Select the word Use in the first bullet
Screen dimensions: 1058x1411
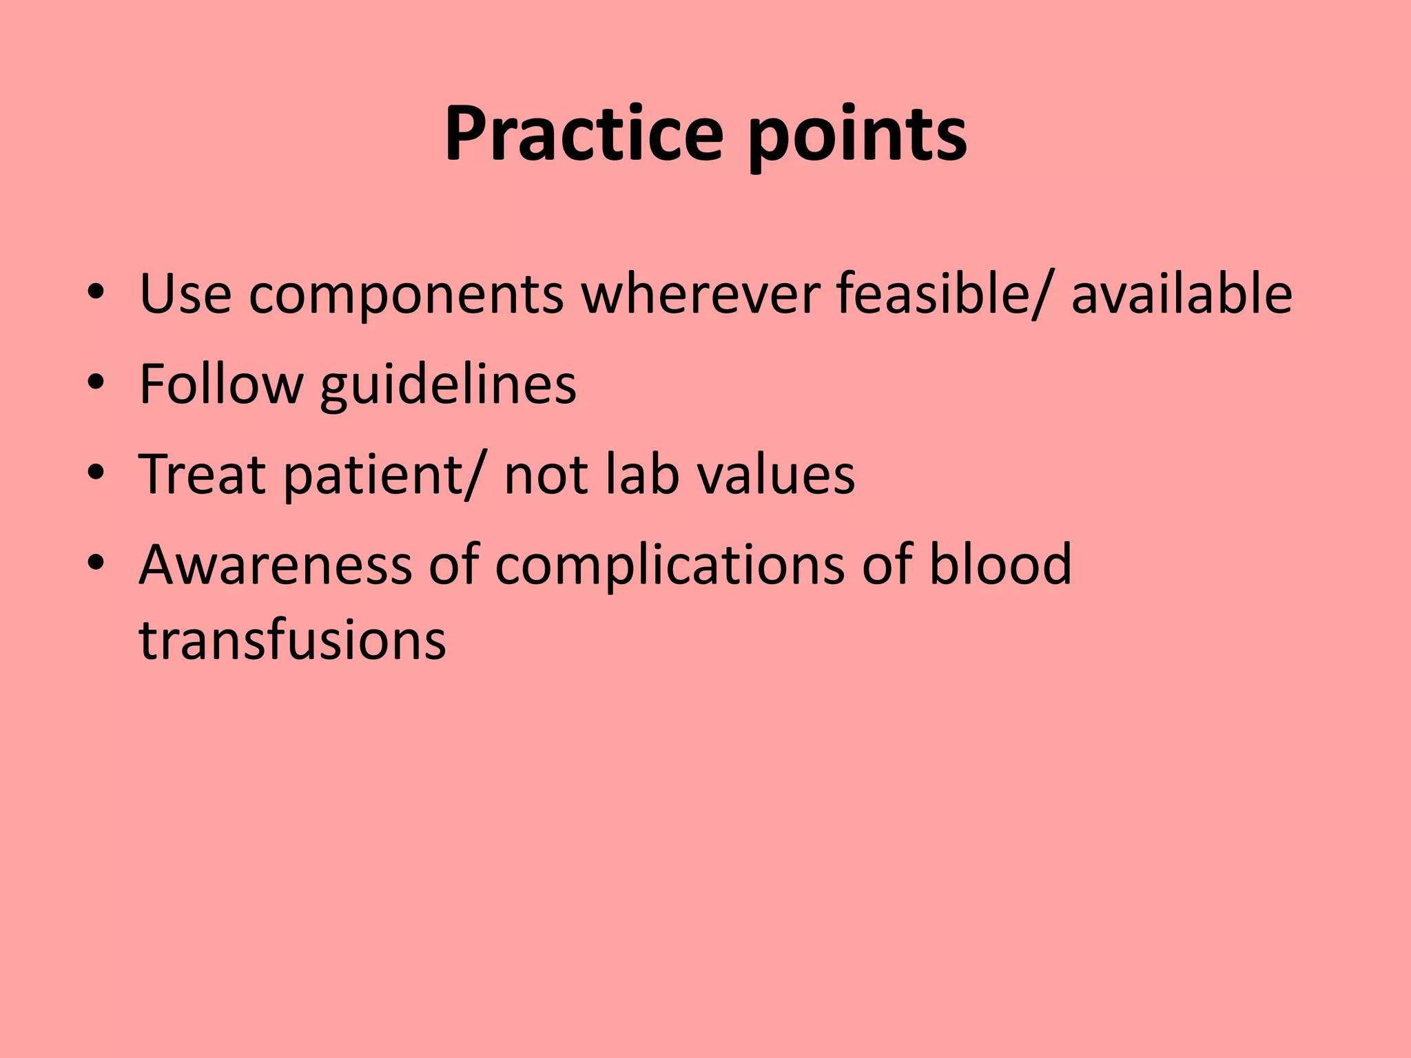click(x=185, y=294)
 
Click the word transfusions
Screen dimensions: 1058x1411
click(x=293, y=640)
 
